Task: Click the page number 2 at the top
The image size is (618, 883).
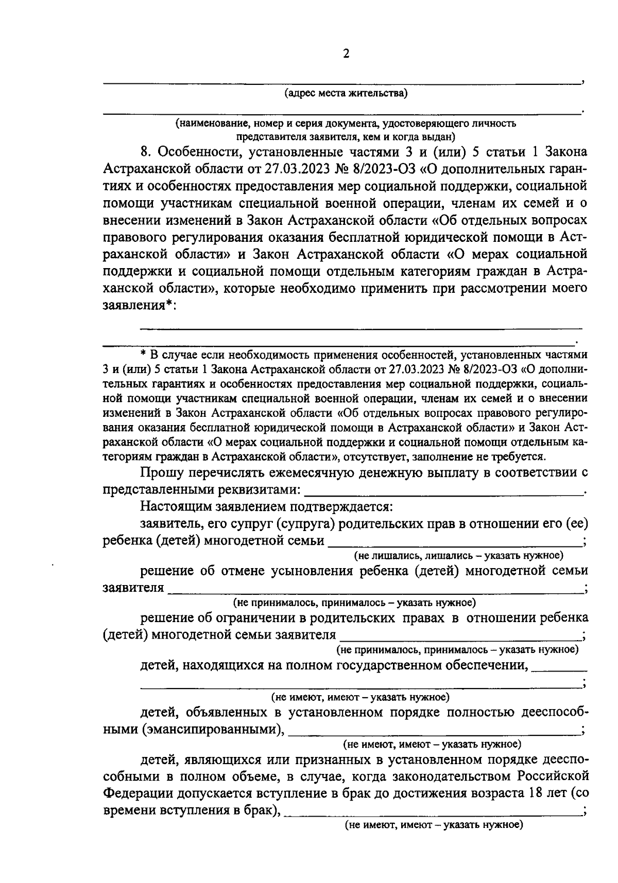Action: (346, 54)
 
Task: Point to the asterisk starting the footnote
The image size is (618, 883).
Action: (144, 356)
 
